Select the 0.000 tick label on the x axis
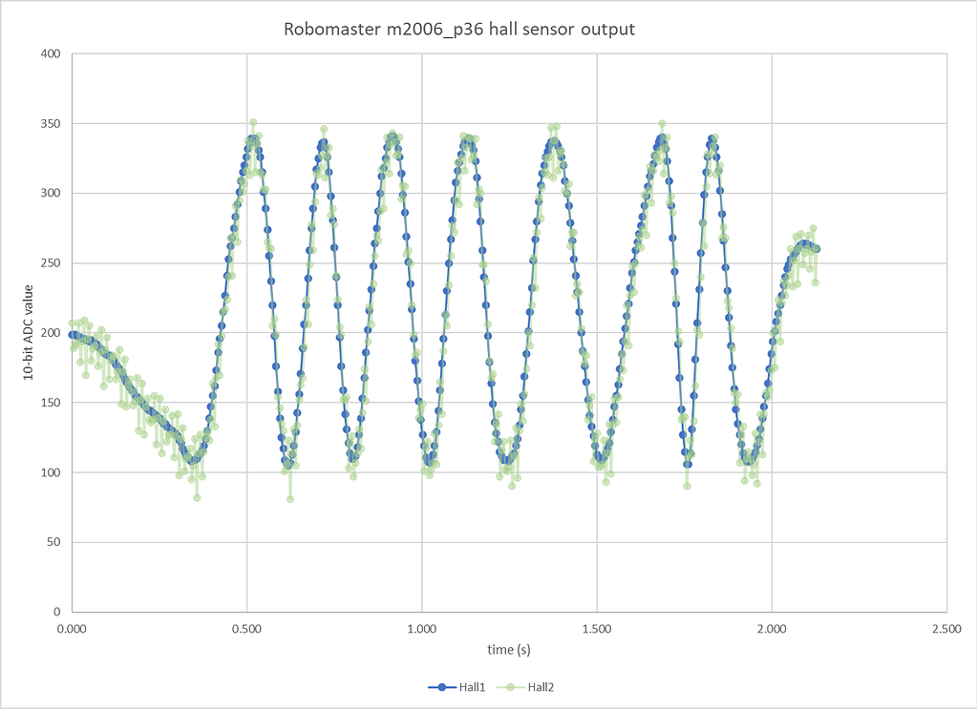(72, 630)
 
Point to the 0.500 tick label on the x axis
(246, 630)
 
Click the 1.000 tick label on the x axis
(421, 630)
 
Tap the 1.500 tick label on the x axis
(597, 630)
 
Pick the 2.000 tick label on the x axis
(772, 630)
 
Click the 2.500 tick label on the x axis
(946, 630)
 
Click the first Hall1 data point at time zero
(72, 334)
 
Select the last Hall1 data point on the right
(817, 249)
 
